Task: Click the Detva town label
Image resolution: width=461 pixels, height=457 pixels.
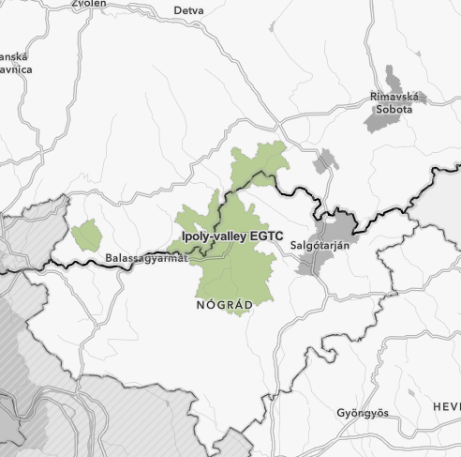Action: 188,10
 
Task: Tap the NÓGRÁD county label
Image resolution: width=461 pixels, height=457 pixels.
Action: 224,306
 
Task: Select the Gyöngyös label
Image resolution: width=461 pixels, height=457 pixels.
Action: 363,413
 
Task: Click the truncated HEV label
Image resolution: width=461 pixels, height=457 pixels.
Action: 446,405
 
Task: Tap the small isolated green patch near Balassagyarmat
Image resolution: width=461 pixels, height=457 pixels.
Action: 86,235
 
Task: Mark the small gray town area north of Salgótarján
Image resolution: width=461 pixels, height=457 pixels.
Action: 325,161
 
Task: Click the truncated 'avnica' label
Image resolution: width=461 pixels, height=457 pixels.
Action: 16,69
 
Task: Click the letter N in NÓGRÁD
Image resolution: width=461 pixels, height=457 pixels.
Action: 201,306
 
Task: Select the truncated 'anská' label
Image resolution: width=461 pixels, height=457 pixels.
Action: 15,56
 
